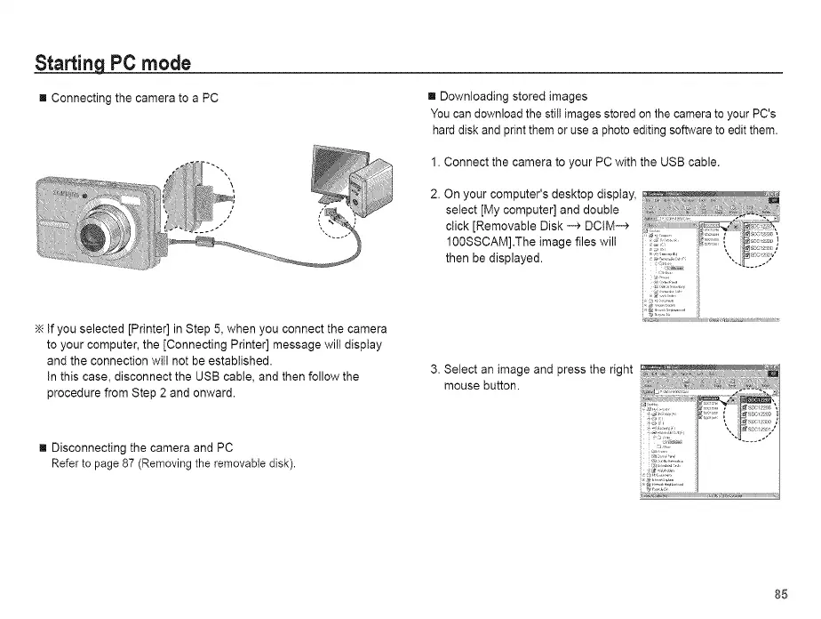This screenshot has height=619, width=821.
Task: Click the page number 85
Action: point(780,594)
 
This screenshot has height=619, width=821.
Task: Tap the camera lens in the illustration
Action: point(92,236)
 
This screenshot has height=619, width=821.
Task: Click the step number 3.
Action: point(434,370)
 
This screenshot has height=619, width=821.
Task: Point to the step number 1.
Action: point(434,163)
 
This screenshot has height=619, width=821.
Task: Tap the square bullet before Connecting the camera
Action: point(40,98)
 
